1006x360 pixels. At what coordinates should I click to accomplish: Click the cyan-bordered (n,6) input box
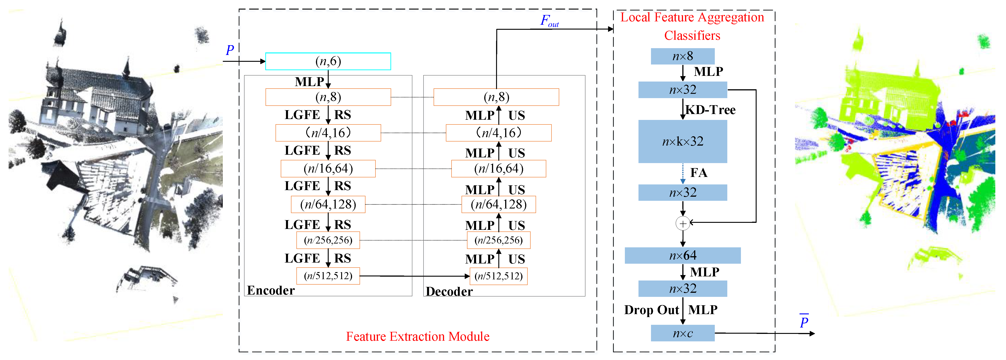(328, 61)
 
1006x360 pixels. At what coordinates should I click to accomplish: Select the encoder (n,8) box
(328, 97)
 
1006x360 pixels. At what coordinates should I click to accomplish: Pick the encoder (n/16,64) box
(328, 169)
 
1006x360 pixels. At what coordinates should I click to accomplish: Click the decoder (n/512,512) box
(498, 276)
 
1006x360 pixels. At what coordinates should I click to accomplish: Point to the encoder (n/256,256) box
(328, 240)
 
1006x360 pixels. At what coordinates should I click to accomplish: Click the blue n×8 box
(682, 56)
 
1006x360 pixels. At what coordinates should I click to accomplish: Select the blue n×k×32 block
(682, 141)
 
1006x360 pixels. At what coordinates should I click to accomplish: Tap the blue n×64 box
(682, 255)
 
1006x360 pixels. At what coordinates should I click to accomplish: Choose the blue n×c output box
(682, 333)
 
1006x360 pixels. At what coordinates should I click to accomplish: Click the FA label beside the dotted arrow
(699, 173)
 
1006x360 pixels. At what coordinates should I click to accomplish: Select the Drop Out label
(651, 310)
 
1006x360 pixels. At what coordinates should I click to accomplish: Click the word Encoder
(271, 290)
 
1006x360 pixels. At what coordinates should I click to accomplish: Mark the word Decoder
(449, 291)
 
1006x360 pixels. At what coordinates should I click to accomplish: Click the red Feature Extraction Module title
(417, 337)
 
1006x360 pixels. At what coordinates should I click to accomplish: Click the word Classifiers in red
(692, 35)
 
